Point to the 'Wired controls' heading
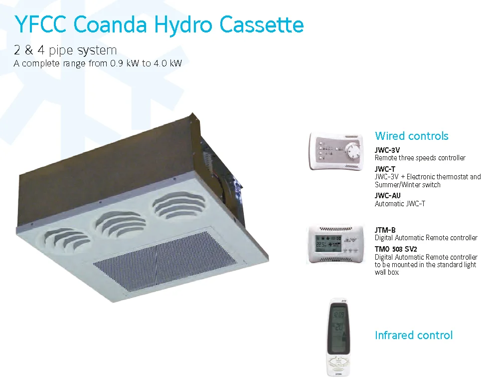click(411, 136)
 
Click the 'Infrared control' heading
click(413, 335)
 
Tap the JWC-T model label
click(385, 169)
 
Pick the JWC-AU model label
click(387, 196)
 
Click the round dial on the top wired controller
click(352, 150)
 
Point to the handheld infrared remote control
click(338, 337)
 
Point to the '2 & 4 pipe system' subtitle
click(65, 50)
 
